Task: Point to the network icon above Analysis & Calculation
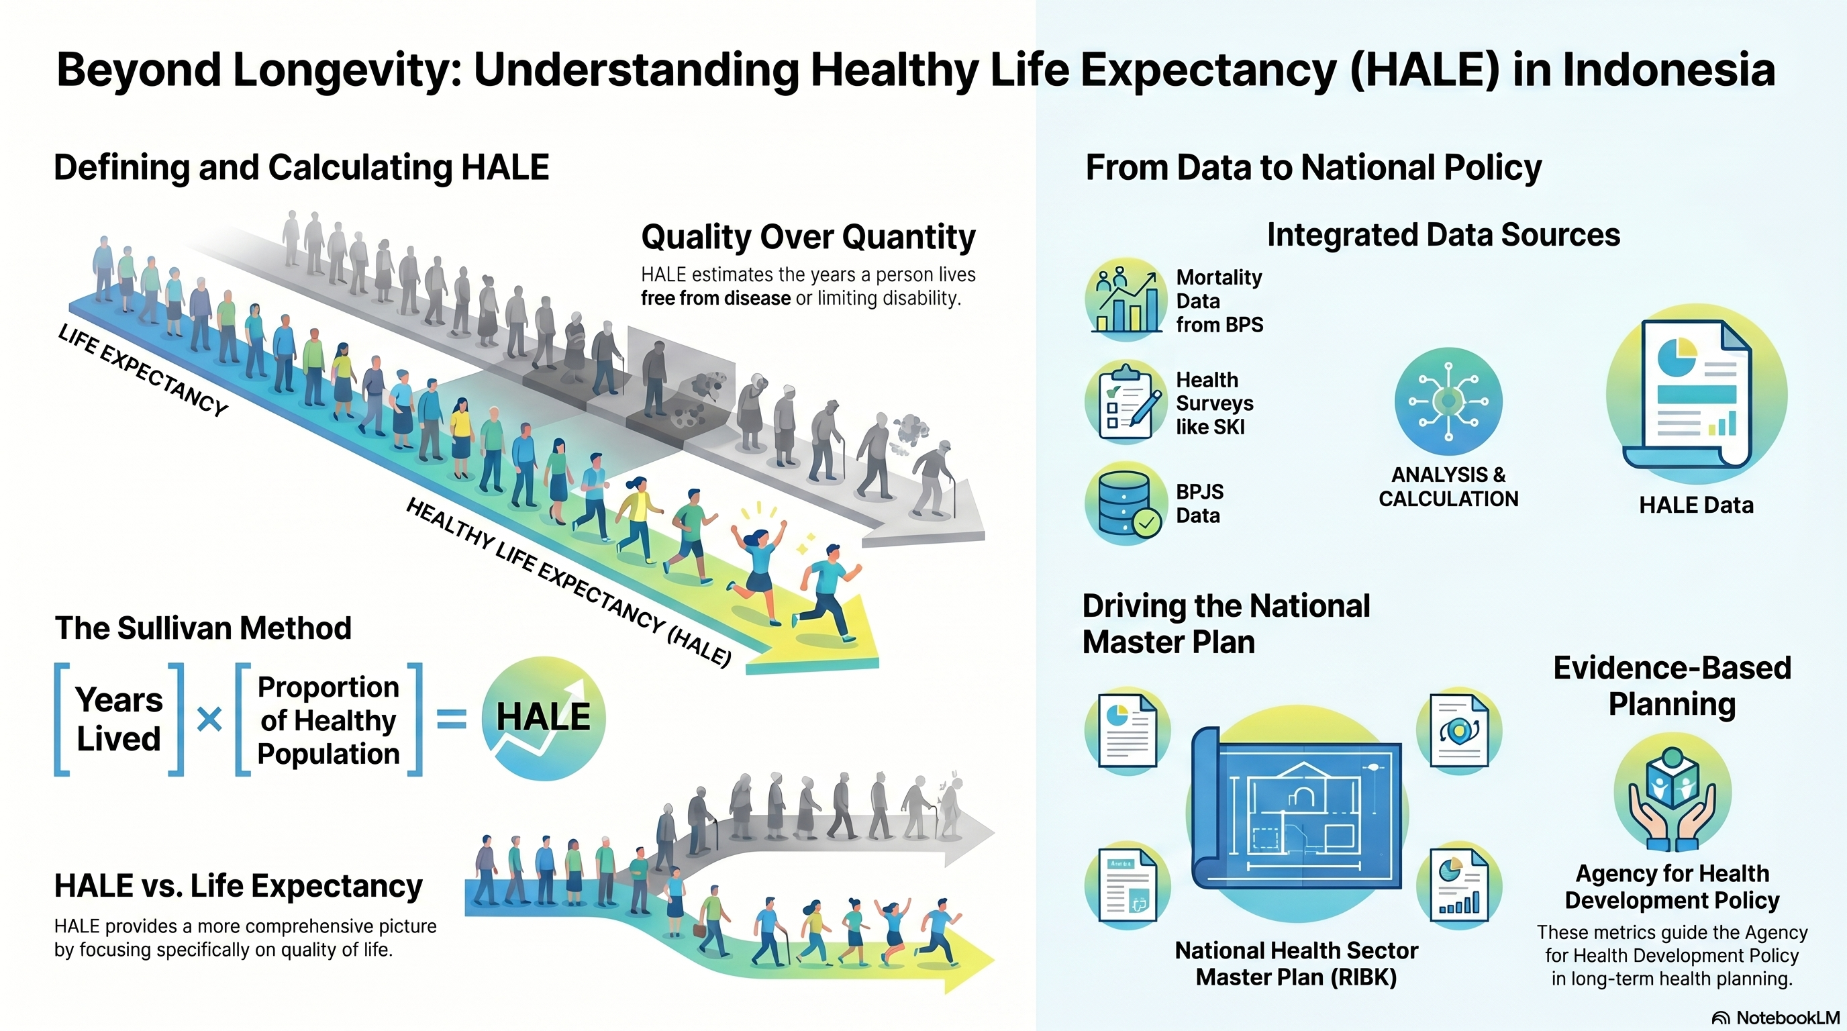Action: (x=1448, y=401)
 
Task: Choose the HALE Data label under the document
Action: (x=1697, y=505)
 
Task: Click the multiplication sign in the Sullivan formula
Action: (x=209, y=719)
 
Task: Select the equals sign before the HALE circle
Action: (x=452, y=719)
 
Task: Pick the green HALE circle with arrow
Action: (x=544, y=718)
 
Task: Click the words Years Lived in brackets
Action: (x=119, y=719)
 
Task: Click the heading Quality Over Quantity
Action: (x=808, y=238)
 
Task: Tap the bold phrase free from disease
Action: (x=715, y=298)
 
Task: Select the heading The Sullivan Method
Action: (x=203, y=629)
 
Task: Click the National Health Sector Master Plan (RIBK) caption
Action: (x=1297, y=964)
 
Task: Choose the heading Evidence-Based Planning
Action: (x=1672, y=686)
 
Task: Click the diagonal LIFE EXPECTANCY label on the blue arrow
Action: (x=144, y=370)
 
